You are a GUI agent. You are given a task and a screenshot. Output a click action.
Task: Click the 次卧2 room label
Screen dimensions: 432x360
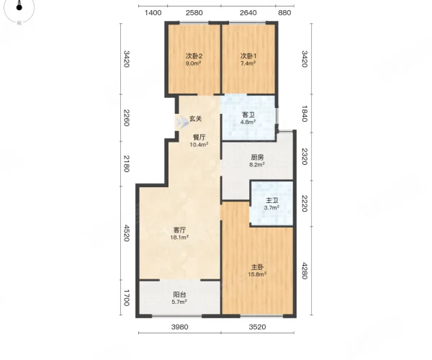194,56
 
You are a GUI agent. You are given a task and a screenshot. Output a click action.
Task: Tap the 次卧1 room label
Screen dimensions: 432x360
248,56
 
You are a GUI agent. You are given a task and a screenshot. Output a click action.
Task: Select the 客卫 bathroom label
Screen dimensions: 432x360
248,114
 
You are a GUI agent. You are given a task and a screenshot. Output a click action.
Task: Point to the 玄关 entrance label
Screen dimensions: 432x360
196,119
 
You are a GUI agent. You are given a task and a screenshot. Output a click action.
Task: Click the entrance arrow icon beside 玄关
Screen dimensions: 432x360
182,122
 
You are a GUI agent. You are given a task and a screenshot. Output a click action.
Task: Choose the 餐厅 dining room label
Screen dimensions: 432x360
199,138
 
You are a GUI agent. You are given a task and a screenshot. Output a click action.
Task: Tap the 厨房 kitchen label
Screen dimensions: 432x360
257,157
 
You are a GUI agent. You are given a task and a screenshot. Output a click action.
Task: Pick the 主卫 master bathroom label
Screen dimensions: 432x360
271,201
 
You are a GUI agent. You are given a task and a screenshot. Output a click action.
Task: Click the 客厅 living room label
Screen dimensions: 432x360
179,230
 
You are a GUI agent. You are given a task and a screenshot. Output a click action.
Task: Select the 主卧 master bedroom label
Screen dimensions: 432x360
257,267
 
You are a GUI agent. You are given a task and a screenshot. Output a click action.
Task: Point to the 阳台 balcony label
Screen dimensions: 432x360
179,294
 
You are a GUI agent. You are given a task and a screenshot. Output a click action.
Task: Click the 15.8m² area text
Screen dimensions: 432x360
257,274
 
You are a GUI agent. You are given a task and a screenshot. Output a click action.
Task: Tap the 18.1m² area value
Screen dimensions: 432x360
179,237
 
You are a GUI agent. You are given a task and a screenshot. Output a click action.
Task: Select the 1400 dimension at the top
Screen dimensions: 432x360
153,13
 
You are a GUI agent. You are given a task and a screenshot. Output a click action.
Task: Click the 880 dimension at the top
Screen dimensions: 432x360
284,13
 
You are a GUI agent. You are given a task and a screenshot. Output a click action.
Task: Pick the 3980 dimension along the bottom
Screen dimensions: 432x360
179,327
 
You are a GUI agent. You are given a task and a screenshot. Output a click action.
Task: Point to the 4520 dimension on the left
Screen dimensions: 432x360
126,233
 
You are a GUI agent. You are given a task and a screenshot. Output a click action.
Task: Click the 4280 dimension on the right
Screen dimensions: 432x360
304,271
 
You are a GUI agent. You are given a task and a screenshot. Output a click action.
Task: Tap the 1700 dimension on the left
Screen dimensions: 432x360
126,298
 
